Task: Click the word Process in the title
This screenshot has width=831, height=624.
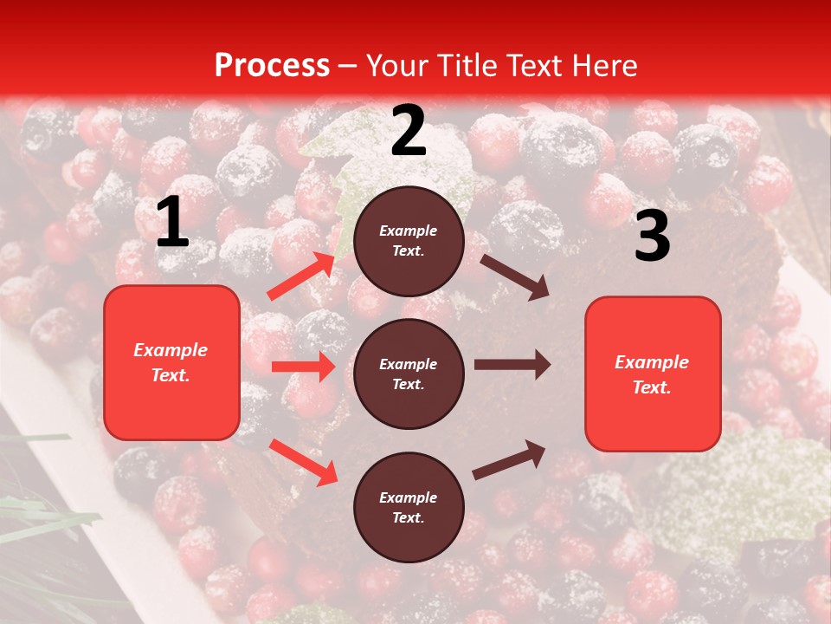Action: (272, 66)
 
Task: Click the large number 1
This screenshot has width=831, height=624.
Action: (172, 223)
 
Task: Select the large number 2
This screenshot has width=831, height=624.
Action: (409, 131)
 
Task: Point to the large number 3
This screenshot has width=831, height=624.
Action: (652, 237)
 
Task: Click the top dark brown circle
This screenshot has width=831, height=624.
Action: (409, 241)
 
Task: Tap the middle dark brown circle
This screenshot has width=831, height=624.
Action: (409, 374)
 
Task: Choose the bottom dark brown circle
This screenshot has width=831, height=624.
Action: (409, 507)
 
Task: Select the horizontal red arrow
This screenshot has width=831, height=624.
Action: (303, 367)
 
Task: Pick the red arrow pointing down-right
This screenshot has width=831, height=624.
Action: (304, 462)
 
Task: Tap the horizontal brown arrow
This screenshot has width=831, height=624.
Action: (512, 365)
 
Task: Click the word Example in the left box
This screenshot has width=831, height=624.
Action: (171, 350)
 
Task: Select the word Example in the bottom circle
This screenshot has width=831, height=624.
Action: (409, 497)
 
